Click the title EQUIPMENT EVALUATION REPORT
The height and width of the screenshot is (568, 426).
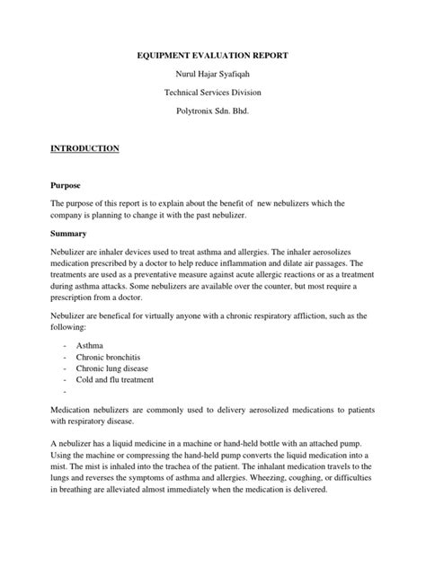[x=213, y=55]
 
